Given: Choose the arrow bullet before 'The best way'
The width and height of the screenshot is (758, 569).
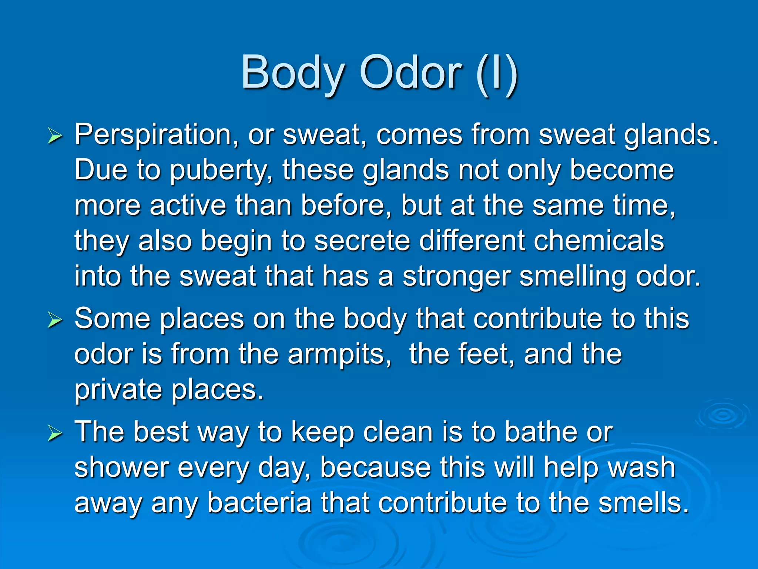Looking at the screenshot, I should pos(55,434).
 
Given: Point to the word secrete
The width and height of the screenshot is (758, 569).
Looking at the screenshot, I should pos(362,241).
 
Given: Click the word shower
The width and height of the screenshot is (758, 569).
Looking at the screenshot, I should pos(121,467).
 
